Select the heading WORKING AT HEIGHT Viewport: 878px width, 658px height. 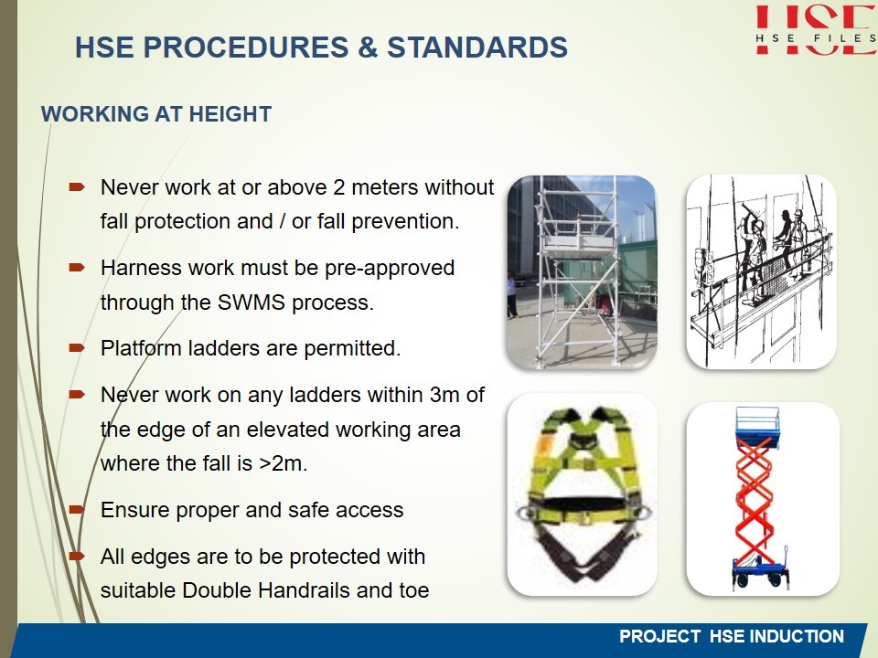click(x=156, y=114)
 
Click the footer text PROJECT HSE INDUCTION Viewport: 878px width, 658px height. click(x=732, y=636)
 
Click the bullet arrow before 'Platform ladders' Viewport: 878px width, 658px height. click(x=77, y=348)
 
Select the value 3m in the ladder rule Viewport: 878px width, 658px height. click(x=444, y=395)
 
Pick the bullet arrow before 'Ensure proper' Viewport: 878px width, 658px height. click(x=77, y=510)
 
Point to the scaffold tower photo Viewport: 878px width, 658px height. click(x=582, y=272)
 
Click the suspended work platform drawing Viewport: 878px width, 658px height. click(x=762, y=272)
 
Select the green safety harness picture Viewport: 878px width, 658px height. click(x=582, y=494)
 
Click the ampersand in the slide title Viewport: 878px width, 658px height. click(x=368, y=48)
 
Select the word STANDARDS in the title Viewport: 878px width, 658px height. click(x=477, y=47)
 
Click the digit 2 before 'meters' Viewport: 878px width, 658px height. click(x=338, y=187)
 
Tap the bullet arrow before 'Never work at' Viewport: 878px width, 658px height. click(x=77, y=186)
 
